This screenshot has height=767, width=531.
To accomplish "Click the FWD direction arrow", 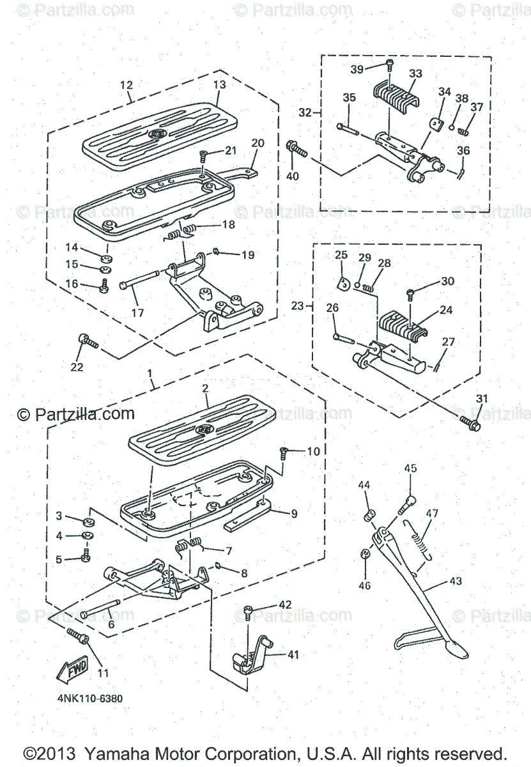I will tap(71, 669).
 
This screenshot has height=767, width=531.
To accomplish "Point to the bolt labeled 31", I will tap(471, 422).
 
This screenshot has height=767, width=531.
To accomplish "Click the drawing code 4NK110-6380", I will tap(89, 698).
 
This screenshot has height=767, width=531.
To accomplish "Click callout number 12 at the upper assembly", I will tap(126, 84).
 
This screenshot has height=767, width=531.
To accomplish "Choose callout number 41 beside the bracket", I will tap(292, 655).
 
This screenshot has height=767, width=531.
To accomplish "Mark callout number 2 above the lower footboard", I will tap(206, 389).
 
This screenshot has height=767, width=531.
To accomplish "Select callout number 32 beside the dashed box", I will tap(305, 112).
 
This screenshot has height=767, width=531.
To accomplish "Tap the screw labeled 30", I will tap(412, 295).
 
